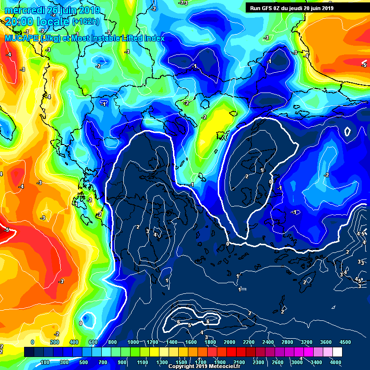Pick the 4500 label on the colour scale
(345, 342)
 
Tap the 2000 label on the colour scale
(230, 342)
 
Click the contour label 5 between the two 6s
(189, 326)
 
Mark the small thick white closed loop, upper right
(347, 131)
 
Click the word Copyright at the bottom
(181, 366)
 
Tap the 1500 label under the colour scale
(181, 362)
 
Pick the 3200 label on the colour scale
(307, 342)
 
